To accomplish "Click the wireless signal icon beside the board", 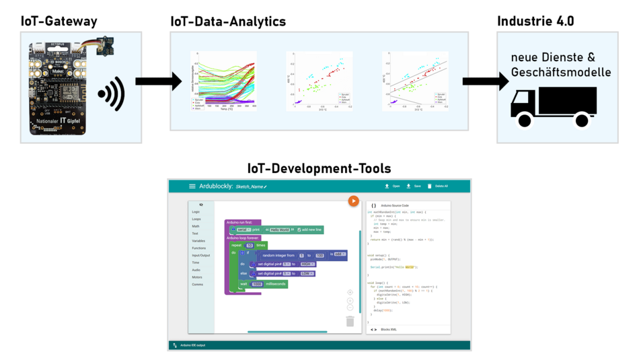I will [112, 94].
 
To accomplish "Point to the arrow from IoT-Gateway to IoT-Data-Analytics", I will [158, 81].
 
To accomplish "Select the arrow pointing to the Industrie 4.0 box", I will [485, 81].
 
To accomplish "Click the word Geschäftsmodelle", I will [561, 72].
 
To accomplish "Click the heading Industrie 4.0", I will [535, 21].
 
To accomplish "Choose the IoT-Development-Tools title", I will [319, 168].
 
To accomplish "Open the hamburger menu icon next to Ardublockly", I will [192, 186].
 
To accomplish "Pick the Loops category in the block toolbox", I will [196, 219].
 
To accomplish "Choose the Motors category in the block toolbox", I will [197, 277].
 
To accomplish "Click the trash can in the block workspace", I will [350, 322].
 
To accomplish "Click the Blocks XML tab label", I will [389, 330].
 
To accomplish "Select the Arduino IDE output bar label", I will [192, 345].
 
